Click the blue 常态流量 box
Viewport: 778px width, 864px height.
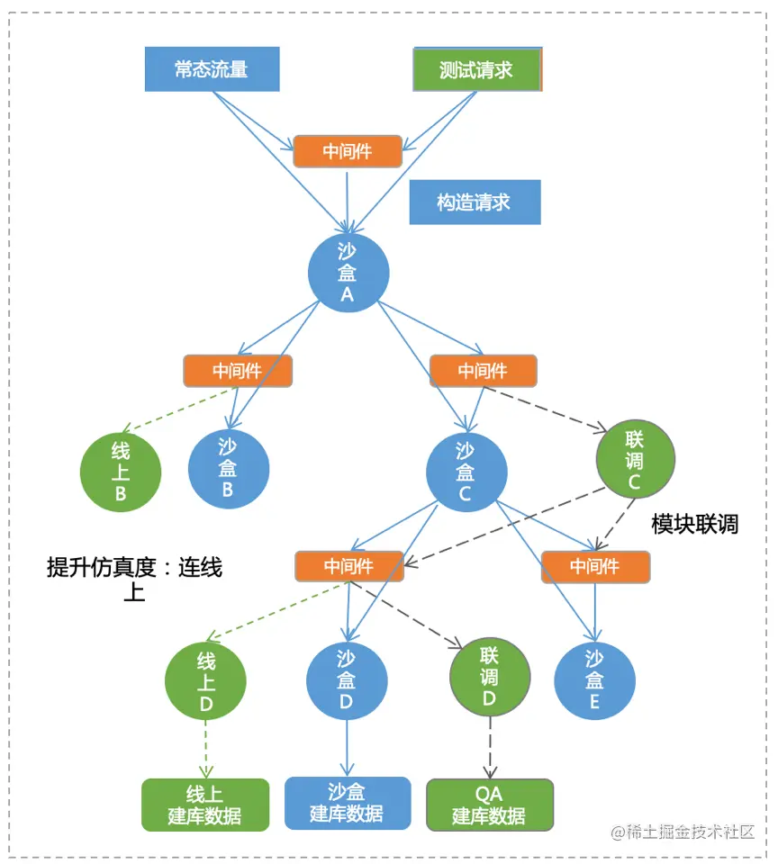(212, 69)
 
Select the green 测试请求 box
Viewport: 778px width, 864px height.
(476, 70)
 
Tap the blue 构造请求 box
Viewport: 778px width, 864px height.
(475, 202)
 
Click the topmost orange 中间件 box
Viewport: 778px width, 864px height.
(348, 151)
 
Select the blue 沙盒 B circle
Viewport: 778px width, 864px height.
(228, 469)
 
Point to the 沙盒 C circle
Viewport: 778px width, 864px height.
(466, 472)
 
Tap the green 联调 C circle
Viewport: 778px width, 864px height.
(635, 460)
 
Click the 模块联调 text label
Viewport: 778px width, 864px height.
(694, 525)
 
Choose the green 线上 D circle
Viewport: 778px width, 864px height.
(205, 681)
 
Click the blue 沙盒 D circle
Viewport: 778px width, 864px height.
(347, 680)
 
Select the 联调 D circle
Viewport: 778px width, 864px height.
(490, 677)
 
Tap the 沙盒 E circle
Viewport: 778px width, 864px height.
(594, 680)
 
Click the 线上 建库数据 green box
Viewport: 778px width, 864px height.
(205, 805)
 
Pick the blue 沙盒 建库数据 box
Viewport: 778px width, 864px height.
(348, 803)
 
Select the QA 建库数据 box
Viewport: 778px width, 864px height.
(489, 805)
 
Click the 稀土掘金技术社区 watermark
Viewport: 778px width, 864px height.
(683, 832)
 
